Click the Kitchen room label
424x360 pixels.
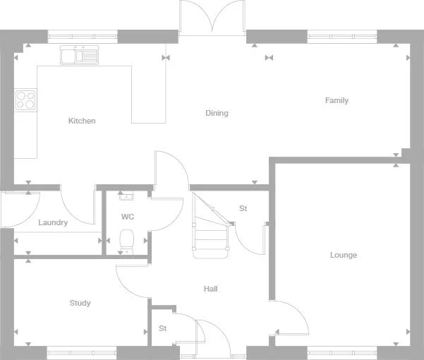point(82,121)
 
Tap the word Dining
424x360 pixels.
point(217,113)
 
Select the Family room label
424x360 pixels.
point(337,100)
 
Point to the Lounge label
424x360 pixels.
point(344,255)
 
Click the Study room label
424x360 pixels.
point(80,303)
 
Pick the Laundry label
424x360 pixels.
point(53,222)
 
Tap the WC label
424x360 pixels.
point(128,216)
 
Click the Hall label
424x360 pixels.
point(210,289)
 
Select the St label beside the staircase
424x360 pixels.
point(243,208)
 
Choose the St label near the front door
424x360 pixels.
point(162,328)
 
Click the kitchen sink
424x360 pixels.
point(80,55)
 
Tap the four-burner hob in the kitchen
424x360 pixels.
point(26,100)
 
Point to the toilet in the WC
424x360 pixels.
point(127,241)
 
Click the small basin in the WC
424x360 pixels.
point(126,197)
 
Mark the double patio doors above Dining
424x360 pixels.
point(212,17)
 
